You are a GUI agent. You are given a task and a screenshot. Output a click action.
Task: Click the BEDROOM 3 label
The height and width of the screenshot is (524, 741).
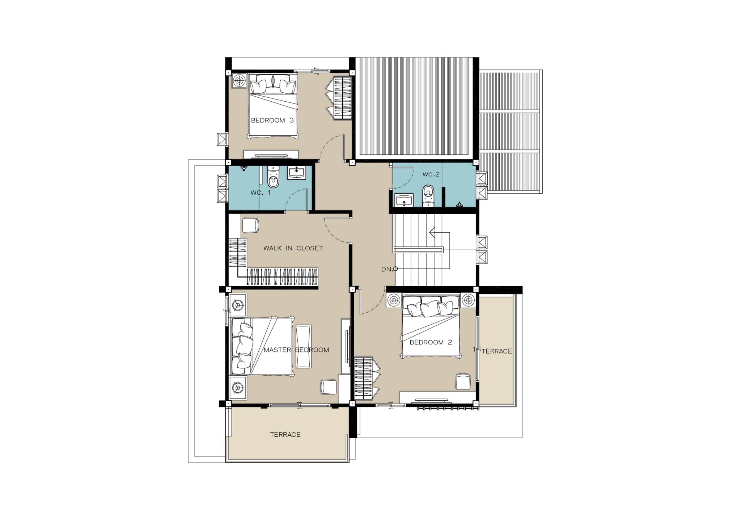click(272, 121)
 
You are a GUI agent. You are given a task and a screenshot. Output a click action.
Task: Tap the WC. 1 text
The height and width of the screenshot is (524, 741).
click(261, 193)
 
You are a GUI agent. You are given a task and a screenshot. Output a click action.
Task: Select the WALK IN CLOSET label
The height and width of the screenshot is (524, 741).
click(293, 248)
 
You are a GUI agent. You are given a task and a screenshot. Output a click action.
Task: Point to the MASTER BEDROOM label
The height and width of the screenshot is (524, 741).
click(296, 350)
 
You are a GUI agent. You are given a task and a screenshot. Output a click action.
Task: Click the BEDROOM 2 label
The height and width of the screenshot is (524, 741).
click(431, 342)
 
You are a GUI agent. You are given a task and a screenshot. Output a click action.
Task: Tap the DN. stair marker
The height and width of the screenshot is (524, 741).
click(389, 269)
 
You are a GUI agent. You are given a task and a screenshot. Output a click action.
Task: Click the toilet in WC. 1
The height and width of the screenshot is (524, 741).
click(273, 177)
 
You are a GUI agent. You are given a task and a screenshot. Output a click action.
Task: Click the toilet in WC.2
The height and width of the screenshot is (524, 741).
click(428, 195)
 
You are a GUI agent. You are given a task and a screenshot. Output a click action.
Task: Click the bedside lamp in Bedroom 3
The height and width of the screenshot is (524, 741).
click(239, 80)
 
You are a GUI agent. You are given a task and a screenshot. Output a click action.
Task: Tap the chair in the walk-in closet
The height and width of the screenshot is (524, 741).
click(250, 225)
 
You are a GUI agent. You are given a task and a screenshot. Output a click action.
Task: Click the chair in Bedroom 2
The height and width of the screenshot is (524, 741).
click(462, 382)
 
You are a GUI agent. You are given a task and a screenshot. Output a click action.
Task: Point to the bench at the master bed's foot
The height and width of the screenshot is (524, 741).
click(304, 346)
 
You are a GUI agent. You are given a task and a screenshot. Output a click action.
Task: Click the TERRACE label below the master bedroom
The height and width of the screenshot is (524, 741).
click(285, 435)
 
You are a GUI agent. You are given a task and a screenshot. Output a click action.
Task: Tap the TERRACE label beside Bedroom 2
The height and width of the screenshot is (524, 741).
click(497, 351)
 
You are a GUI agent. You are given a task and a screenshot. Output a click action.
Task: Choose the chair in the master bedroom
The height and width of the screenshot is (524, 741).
click(329, 387)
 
